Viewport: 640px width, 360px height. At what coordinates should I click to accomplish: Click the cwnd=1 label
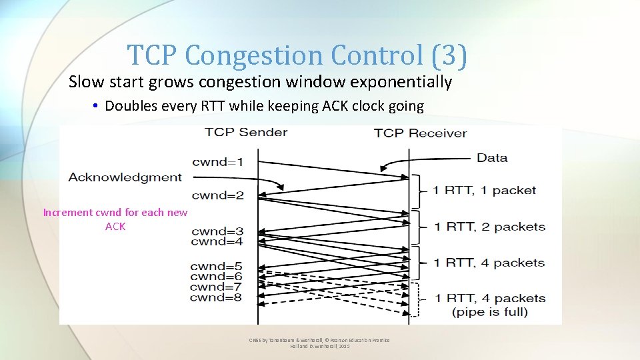218,162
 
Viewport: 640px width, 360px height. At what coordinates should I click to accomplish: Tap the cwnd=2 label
218,195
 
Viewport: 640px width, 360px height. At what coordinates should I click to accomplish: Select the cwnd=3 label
217,232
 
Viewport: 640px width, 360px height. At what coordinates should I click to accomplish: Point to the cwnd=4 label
217,241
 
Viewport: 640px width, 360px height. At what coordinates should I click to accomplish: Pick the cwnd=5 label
216,267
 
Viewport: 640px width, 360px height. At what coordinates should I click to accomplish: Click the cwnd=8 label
216,297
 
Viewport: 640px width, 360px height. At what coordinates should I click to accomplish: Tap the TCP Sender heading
246,131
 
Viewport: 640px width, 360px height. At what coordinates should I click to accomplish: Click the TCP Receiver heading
420,133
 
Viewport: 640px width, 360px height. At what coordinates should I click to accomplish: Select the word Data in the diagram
492,158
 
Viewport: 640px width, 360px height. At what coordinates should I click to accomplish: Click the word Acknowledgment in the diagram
125,177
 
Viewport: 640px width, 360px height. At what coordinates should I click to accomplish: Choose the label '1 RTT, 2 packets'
489,227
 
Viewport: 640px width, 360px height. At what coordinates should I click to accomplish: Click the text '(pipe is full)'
489,311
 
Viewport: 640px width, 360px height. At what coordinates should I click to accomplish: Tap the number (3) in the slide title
449,55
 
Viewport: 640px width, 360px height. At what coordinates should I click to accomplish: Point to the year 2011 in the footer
344,347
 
